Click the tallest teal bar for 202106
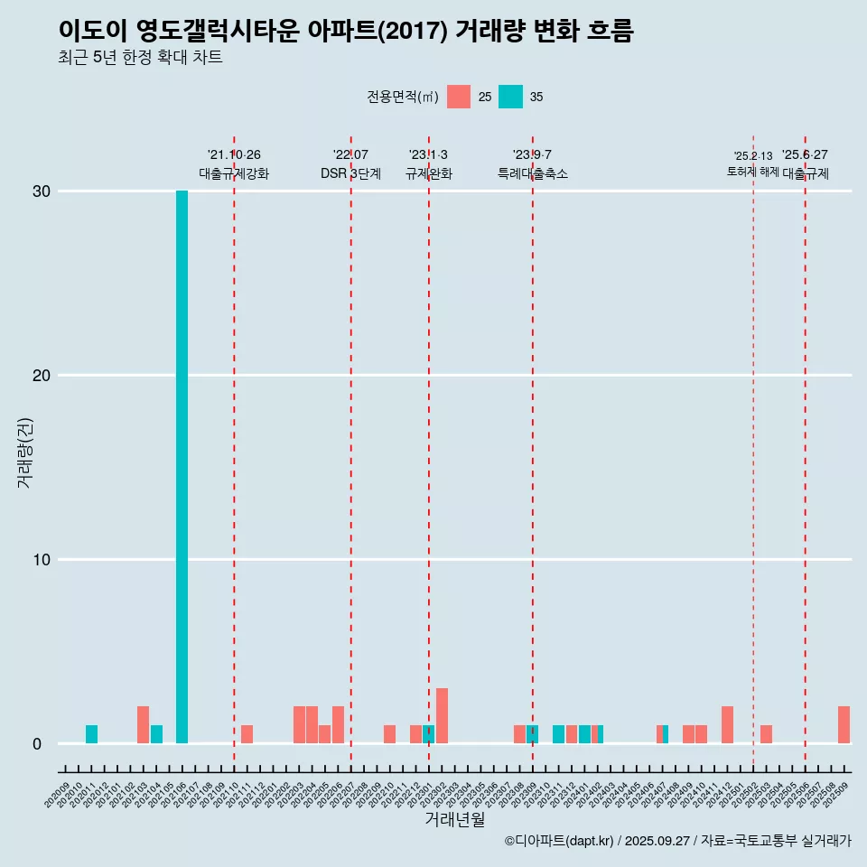coord(182,467)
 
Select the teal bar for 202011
coord(91,734)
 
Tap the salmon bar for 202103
coord(143,725)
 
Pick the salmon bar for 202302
coord(442,716)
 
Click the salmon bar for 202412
coord(727,725)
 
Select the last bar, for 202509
coord(844,725)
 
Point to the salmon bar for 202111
coord(247,734)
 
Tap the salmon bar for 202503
coord(766,734)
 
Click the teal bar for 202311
coord(558,734)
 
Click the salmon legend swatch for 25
coord(459,97)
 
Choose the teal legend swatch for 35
coord(510,97)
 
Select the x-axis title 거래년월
coord(454,820)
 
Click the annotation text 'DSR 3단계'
coord(350,173)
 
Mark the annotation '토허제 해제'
coord(752,172)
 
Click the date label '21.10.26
coord(234,155)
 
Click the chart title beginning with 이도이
coord(346,31)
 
